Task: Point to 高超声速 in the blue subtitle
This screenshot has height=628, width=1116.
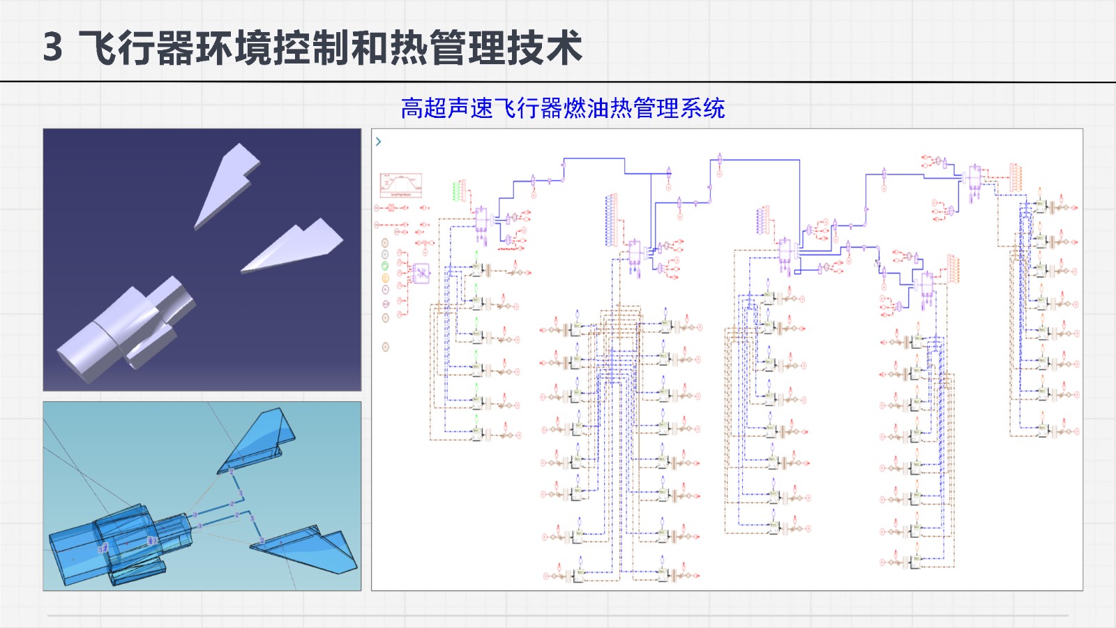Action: click(446, 108)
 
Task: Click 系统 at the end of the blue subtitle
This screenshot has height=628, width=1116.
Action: click(703, 108)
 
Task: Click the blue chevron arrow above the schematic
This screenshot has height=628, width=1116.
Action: click(379, 142)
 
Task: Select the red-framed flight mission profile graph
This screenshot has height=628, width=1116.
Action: click(400, 185)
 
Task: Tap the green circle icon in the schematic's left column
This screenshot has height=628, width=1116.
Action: click(385, 266)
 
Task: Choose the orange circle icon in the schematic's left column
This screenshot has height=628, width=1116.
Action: click(385, 278)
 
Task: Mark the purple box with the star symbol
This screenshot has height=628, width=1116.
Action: click(421, 273)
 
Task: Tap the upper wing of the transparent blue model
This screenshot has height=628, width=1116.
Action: click(262, 440)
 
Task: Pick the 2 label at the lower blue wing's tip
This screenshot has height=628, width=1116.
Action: click(262, 541)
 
